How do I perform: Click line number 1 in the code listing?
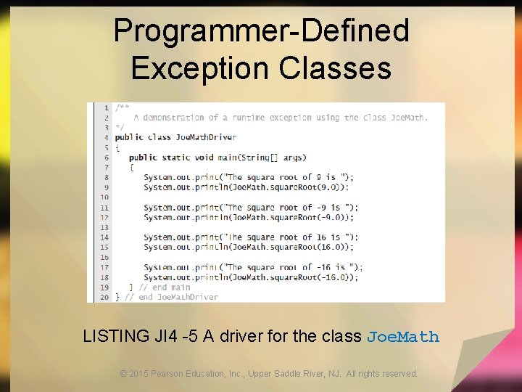[x=107, y=107]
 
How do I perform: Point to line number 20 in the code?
[x=104, y=297]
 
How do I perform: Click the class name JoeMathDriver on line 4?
[x=204, y=137]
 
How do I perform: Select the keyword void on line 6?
[x=204, y=158]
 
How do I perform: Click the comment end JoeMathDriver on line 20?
[x=178, y=297]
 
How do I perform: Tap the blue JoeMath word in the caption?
[x=403, y=337]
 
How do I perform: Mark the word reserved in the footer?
[x=398, y=374]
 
